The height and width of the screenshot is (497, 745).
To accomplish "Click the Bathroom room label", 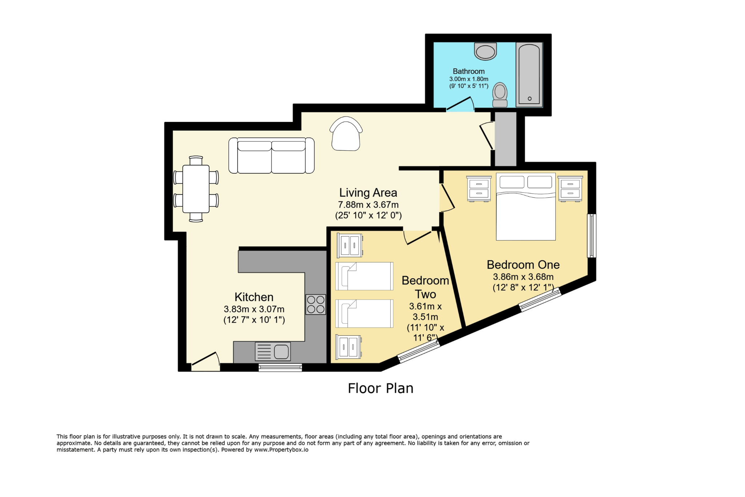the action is click(x=469, y=71).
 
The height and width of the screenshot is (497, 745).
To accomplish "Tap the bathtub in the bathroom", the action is click(x=529, y=75).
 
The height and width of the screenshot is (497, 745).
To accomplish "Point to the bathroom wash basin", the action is click(x=485, y=51).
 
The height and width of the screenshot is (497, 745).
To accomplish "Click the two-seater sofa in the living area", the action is click(x=271, y=155).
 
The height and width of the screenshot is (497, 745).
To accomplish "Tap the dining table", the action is click(x=196, y=189).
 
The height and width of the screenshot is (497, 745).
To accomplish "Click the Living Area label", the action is click(x=368, y=193).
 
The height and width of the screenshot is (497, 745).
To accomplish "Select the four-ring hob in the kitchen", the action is click(x=315, y=304).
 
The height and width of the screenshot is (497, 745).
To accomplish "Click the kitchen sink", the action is click(x=273, y=352).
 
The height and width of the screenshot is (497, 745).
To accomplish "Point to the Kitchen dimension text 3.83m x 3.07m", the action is click(x=254, y=309).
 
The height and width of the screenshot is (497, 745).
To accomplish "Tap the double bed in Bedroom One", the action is click(x=526, y=206).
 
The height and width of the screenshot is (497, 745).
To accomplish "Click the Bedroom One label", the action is click(x=523, y=265).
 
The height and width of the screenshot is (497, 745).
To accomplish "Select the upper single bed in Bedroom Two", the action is click(x=364, y=276).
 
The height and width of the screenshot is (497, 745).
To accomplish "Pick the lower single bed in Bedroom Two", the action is click(x=364, y=313).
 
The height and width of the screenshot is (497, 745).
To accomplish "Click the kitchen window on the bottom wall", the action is click(x=280, y=367).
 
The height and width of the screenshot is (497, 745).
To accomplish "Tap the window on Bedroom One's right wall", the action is click(x=592, y=236).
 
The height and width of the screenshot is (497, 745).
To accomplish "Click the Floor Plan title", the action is click(x=381, y=388).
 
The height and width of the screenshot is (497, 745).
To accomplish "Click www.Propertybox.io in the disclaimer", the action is click(x=281, y=450).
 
